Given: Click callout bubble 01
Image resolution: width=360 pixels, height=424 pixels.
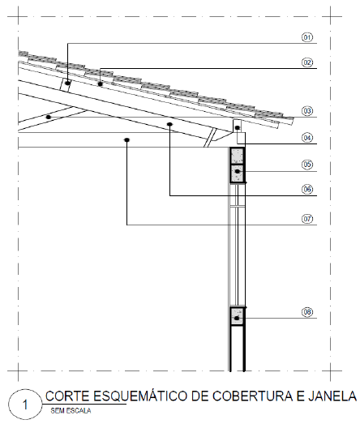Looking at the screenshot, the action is [x=307, y=37].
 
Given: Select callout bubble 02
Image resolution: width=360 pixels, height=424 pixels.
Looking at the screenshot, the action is [x=307, y=62].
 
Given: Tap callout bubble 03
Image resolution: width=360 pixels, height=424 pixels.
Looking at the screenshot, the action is [x=307, y=111].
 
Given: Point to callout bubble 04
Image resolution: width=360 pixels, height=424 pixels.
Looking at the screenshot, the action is [x=307, y=138].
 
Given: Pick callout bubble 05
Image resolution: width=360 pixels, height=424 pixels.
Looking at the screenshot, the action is [x=307, y=165].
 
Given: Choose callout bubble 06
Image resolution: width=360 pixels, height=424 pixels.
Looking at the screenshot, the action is [x=307, y=189].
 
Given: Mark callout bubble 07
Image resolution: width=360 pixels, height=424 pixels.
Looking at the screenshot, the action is [x=307, y=219].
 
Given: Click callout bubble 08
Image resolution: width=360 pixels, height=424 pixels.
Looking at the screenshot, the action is [x=307, y=312].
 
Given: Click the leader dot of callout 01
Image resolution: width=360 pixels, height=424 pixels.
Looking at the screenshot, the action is [x=67, y=83].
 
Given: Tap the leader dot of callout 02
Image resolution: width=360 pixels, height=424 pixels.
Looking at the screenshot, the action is [x=101, y=84].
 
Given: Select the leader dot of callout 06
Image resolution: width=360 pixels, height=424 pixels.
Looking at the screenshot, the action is [x=169, y=124].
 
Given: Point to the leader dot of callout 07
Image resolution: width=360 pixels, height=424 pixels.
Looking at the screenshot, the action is [x=126, y=139].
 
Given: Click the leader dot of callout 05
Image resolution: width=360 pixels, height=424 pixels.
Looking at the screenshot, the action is [x=238, y=171].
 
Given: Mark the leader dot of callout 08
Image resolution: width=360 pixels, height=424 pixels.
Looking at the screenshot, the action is [x=237, y=319].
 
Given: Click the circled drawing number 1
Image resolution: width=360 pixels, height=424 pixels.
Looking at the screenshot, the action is [x=25, y=405].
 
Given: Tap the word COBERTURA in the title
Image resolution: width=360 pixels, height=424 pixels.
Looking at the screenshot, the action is [x=253, y=396].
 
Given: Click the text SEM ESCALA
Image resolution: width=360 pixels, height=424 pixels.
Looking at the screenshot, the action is [x=71, y=411].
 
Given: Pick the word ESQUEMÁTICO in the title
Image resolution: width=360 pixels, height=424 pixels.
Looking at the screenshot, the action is [x=140, y=396].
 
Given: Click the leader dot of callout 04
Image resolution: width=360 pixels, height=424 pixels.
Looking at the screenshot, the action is [x=238, y=127].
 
